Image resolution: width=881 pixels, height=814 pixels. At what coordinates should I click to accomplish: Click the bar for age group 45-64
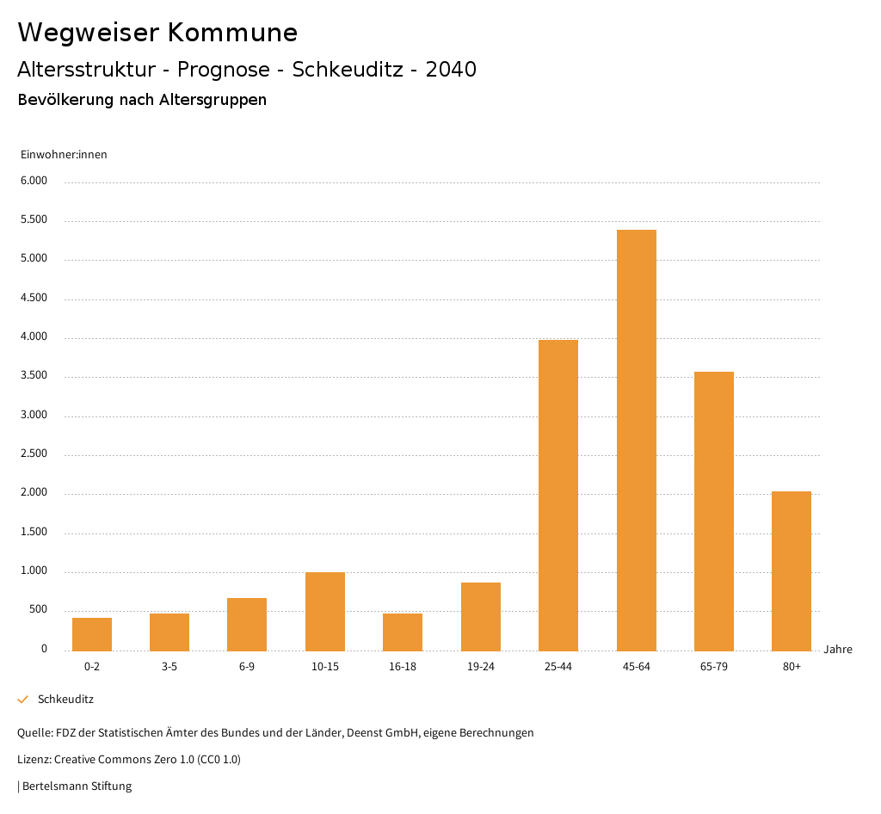636,440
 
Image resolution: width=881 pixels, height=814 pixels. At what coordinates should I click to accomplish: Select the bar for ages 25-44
558,495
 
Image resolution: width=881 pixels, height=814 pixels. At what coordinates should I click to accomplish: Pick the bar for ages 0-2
92,634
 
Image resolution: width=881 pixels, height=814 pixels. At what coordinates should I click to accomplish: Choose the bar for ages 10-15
325,611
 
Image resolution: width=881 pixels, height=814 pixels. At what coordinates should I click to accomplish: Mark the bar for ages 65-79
714,511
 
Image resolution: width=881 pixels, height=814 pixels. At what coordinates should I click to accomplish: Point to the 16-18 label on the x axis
403,667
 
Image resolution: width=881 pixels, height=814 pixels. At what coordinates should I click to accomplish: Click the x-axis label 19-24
480,667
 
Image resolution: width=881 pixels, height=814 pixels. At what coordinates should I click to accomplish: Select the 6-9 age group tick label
247,667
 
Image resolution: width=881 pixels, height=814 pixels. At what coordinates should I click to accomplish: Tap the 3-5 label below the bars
169,667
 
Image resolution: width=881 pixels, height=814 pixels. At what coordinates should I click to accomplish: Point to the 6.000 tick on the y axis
34,181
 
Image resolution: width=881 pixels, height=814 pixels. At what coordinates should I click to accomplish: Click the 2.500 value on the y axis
34,454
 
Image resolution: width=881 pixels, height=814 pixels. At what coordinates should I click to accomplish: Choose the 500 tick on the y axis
39,610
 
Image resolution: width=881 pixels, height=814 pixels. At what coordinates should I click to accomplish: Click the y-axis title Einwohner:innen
64,155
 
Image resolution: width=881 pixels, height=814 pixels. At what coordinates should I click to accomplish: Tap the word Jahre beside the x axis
837,650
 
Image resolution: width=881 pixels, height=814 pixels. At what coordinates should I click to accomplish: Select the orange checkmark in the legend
23,700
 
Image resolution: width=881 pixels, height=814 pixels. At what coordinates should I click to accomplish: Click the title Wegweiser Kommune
157,33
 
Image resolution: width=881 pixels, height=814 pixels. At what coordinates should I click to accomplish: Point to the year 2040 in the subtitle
451,70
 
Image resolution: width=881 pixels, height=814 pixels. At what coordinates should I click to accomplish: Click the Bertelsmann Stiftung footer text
77,786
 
